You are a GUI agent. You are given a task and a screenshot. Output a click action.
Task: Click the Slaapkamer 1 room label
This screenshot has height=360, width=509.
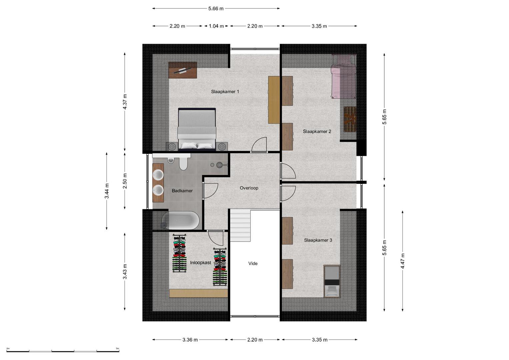(x=225, y=92)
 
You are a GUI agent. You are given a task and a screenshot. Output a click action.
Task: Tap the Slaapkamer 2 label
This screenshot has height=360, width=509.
(x=317, y=131)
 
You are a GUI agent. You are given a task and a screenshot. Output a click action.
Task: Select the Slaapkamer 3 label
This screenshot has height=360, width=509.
(x=318, y=240)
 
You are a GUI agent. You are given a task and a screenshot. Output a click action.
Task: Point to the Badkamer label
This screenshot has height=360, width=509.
(x=182, y=191)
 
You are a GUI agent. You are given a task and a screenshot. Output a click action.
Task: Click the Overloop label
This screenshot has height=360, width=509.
(x=249, y=188)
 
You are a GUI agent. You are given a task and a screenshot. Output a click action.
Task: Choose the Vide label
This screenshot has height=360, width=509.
(x=253, y=263)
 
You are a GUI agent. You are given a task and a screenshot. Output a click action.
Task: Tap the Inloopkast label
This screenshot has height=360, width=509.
(x=201, y=263)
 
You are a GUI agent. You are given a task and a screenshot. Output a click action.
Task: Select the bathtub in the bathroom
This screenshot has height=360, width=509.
(x=181, y=220)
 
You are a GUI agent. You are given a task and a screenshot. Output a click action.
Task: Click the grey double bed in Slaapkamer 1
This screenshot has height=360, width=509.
(x=197, y=129)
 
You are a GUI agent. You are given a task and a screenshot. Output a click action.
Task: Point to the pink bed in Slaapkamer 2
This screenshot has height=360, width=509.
(x=343, y=76)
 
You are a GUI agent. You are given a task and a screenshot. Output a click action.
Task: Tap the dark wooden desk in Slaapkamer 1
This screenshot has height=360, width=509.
(x=182, y=70)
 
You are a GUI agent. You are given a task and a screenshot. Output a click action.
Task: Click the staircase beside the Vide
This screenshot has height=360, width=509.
(x=240, y=225)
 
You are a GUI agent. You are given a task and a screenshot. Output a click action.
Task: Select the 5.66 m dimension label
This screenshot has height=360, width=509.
(x=216, y=9)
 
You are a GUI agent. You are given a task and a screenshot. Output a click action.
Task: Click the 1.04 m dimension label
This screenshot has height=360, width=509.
(x=216, y=26)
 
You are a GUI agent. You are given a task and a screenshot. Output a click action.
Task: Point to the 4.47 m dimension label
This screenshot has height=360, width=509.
(x=403, y=261)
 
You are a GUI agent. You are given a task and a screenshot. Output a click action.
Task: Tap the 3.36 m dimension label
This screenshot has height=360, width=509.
(x=190, y=340)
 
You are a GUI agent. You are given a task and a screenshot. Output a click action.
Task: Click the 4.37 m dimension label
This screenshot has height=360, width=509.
(x=125, y=102)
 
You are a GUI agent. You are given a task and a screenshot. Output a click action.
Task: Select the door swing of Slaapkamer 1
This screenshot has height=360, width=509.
(x=259, y=145)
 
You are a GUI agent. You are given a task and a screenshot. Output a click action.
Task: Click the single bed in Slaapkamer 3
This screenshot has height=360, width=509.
(x=332, y=281)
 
